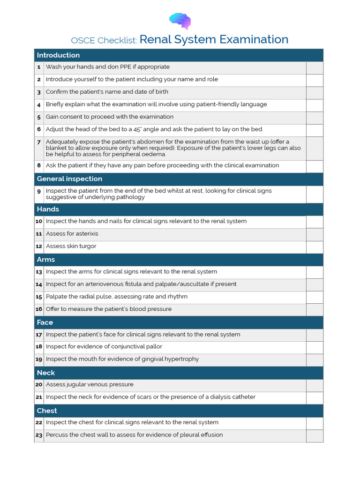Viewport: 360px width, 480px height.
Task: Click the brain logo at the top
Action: pyautogui.click(x=180, y=21)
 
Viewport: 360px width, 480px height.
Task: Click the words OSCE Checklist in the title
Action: pyautogui.click(x=104, y=40)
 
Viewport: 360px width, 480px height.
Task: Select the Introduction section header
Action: pyautogui.click(x=58, y=55)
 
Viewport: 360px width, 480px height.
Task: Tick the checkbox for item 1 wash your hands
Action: pyautogui.click(x=315, y=67)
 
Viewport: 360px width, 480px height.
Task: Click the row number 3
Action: pyautogui.click(x=39, y=92)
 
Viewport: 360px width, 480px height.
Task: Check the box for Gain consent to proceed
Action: pyautogui.click(x=315, y=117)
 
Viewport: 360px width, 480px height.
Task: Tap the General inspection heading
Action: pyautogui.click(x=69, y=179)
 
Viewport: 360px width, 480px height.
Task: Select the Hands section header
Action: pyautogui.click(x=48, y=209)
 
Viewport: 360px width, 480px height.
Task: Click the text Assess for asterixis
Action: pyautogui.click(x=72, y=234)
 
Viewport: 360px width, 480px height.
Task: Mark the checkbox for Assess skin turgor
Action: pyautogui.click(x=315, y=247)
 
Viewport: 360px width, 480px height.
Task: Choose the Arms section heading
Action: pyautogui.click(x=46, y=260)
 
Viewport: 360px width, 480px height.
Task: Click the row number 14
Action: pyautogui.click(x=39, y=285)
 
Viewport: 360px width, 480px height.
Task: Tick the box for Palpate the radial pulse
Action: pyautogui.click(x=315, y=297)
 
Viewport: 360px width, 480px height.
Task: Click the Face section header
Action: pyautogui.click(x=45, y=322)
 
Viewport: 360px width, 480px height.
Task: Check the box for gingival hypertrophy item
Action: pyautogui.click(x=315, y=360)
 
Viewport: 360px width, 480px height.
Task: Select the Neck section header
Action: pyautogui.click(x=46, y=373)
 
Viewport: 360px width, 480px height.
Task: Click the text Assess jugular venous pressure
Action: pyautogui.click(x=90, y=385)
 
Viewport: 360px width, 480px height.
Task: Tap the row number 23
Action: pyautogui.click(x=39, y=435)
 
